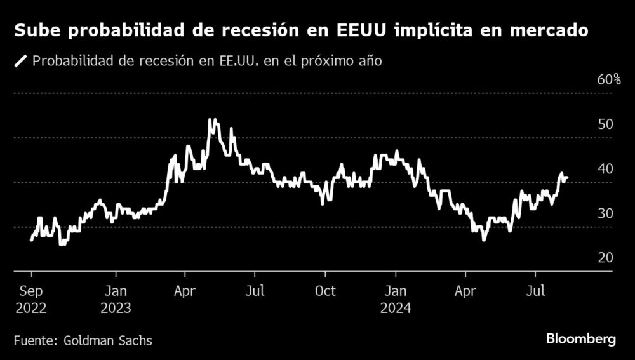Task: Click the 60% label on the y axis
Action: pyautogui.click(x=608, y=80)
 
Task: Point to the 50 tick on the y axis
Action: pyautogui.click(x=605, y=124)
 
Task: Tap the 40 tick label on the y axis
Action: pyautogui.click(x=605, y=169)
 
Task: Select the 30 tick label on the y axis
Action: pyautogui.click(x=605, y=213)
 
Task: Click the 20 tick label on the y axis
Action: pyautogui.click(x=605, y=258)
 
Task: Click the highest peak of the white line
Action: pyautogui.click(x=212, y=119)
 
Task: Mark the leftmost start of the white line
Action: pyautogui.click(x=31, y=240)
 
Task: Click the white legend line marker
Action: pyautogui.click(x=20, y=62)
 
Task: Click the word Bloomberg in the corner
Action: pyautogui.click(x=581, y=340)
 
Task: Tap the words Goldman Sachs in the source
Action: pyautogui.click(x=108, y=340)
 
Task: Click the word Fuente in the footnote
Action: pyautogui.click(x=34, y=340)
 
